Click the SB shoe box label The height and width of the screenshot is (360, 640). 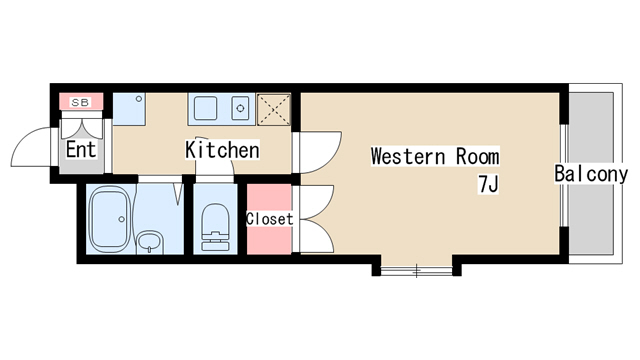tap(80, 102)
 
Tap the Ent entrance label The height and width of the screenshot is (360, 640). tap(81, 149)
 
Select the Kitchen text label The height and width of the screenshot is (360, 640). tap(222, 150)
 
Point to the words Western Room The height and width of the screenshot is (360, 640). tap(435, 156)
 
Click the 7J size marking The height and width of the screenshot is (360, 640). tap(489, 184)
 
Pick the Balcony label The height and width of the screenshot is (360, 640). tap(591, 174)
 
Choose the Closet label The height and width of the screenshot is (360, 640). tap(269, 219)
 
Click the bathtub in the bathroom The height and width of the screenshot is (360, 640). tap(109, 219)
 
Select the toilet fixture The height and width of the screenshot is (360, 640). tap(215, 227)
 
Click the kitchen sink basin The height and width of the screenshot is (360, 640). tap(205, 108)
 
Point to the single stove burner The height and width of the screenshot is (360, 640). tap(240, 108)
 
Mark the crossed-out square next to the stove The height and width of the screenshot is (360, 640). tap(274, 109)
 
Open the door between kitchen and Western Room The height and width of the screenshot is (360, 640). tap(318, 152)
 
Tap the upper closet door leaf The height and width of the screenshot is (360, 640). tap(316, 202)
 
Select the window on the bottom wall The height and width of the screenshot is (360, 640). tap(416, 270)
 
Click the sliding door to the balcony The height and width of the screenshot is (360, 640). tap(564, 175)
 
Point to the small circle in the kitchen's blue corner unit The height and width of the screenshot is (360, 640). tap(139, 99)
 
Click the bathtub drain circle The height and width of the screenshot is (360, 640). tap(121, 219)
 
